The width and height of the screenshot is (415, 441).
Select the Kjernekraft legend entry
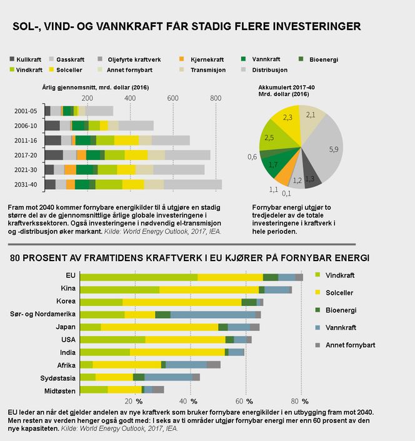pyautogui.click(x=207, y=59)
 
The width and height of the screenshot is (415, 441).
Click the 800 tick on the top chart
pyautogui.click(x=216, y=98)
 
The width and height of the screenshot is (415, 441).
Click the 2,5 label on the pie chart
pyautogui.click(x=269, y=137)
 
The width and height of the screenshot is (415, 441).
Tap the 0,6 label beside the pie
pyautogui.click(x=252, y=156)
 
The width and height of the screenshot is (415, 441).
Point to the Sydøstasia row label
pyautogui.click(x=59, y=377)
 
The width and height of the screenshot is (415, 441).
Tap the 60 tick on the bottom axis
pyautogui.click(x=239, y=401)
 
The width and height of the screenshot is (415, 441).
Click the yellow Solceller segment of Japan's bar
pyautogui.click(x=159, y=327)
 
